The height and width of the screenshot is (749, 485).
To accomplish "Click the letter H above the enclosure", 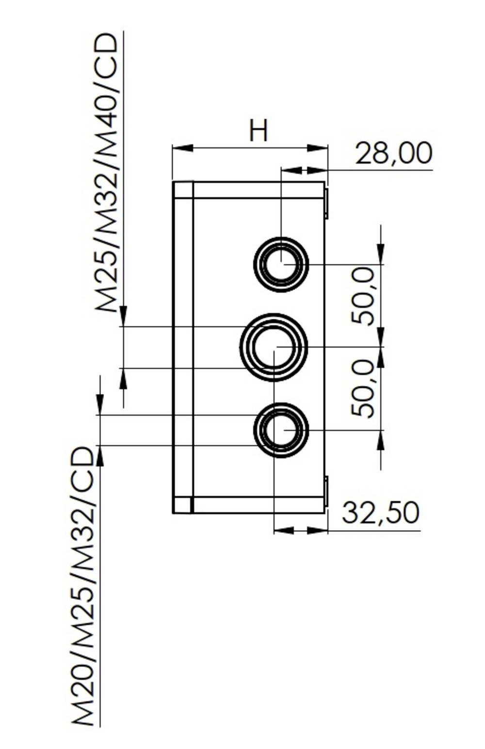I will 258,130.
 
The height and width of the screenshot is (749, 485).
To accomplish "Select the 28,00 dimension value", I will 393,154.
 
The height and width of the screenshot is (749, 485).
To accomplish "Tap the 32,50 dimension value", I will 380,513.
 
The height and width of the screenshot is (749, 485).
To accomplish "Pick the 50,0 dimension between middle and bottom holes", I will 364,389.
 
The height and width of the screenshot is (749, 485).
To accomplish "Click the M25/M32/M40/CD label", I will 107,172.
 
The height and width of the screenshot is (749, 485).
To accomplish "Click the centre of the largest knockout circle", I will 274,347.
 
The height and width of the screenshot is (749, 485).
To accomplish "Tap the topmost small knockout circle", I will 281,264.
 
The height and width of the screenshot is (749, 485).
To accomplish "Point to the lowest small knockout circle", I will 281,430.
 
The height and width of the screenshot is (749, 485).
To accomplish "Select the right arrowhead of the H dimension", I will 318,148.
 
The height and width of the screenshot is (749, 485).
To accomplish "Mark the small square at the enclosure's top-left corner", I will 183,190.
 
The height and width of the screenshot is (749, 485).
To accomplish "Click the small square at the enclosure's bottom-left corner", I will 183,505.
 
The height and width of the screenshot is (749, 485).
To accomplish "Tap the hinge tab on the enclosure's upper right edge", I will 326,204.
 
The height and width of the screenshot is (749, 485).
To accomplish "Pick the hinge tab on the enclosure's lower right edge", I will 326,491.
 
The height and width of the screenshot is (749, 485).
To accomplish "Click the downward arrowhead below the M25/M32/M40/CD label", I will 124,316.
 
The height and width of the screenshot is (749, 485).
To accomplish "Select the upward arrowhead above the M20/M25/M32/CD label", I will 100,456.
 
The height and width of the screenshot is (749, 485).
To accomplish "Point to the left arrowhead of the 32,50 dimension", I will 284,530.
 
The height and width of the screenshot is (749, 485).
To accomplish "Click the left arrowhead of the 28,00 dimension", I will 291,170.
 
